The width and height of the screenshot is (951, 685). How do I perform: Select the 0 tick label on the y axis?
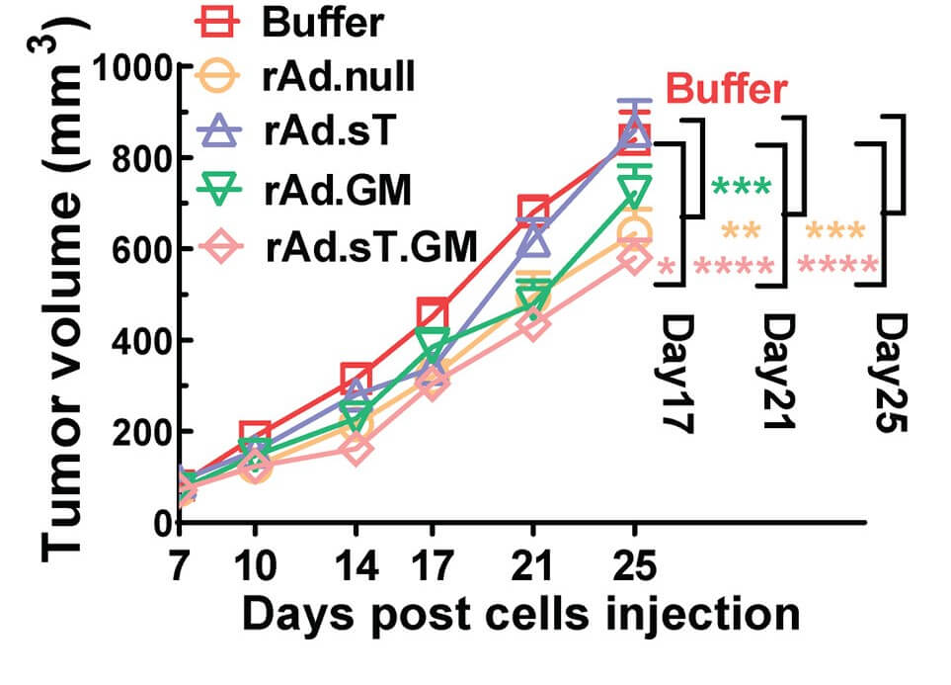tap(161, 523)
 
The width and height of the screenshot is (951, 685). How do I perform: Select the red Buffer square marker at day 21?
tap(533, 210)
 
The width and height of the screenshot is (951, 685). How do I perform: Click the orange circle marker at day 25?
tap(634, 233)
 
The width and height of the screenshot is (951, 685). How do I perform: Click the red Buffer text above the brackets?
tap(727, 90)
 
